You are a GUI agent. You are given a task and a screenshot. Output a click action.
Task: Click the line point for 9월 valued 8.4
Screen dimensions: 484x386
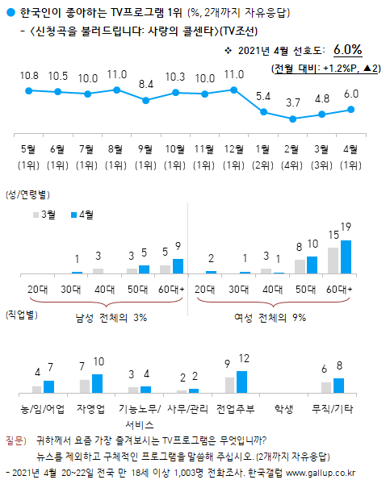(145, 101)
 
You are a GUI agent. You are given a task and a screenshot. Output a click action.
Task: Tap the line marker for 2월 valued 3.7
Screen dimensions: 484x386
(293, 119)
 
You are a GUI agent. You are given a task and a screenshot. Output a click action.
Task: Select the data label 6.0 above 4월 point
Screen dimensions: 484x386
(351, 94)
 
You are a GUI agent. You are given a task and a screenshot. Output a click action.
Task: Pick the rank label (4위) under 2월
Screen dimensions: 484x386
(292, 165)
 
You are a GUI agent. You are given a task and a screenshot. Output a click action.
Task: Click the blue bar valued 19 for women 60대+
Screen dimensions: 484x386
(346, 257)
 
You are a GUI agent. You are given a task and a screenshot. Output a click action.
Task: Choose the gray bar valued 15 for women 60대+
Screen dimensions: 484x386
(333, 261)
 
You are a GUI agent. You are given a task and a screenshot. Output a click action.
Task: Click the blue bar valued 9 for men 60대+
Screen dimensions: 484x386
(178, 266)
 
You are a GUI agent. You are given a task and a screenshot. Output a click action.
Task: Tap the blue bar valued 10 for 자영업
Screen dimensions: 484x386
(98, 383)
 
